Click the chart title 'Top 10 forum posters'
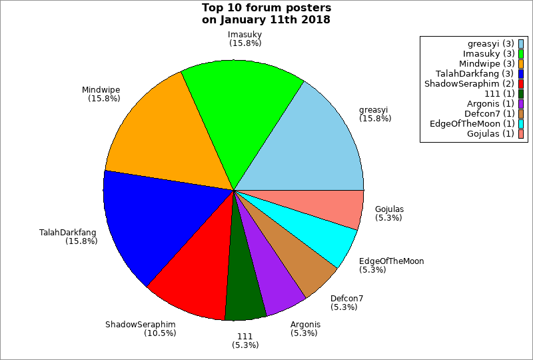[x=266, y=9]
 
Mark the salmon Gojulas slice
[x=333, y=207]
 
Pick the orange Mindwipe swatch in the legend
[x=521, y=63]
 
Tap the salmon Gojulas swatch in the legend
[x=521, y=133]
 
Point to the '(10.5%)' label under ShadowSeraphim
[x=160, y=333]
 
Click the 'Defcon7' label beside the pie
[x=346, y=299]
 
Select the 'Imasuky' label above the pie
[x=245, y=35]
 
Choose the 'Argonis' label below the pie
[x=305, y=325]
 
